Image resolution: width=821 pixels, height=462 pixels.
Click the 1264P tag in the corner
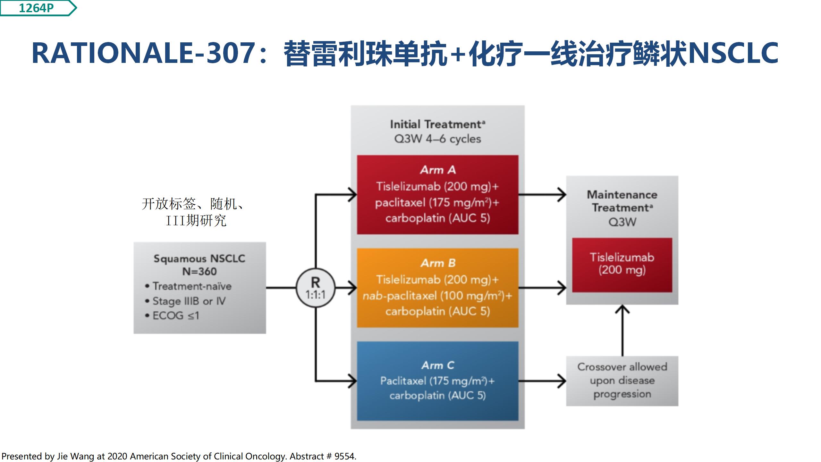[38, 8]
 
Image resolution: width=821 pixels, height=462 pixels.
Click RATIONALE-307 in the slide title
[143, 53]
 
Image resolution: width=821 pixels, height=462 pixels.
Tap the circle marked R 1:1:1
[316, 288]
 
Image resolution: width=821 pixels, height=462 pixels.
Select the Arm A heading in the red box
[438, 170]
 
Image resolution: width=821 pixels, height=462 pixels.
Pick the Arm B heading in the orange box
[438, 263]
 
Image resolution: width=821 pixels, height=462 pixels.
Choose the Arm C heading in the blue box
[438, 365]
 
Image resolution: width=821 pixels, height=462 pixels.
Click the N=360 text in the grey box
[199, 271]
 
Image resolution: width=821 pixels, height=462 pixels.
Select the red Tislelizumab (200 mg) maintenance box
[622, 265]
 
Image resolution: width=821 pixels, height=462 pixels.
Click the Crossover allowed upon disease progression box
[622, 381]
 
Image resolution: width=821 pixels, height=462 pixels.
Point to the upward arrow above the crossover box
[622, 330]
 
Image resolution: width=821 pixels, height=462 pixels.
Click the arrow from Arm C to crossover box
[542, 381]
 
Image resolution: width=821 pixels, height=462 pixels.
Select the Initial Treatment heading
[438, 124]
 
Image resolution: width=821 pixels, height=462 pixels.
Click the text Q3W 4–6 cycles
[438, 139]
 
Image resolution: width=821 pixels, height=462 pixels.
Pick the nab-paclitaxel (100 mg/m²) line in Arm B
[438, 295]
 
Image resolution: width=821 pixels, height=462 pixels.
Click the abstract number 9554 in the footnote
[344, 456]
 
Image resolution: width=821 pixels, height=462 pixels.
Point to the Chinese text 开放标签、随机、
[193, 204]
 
